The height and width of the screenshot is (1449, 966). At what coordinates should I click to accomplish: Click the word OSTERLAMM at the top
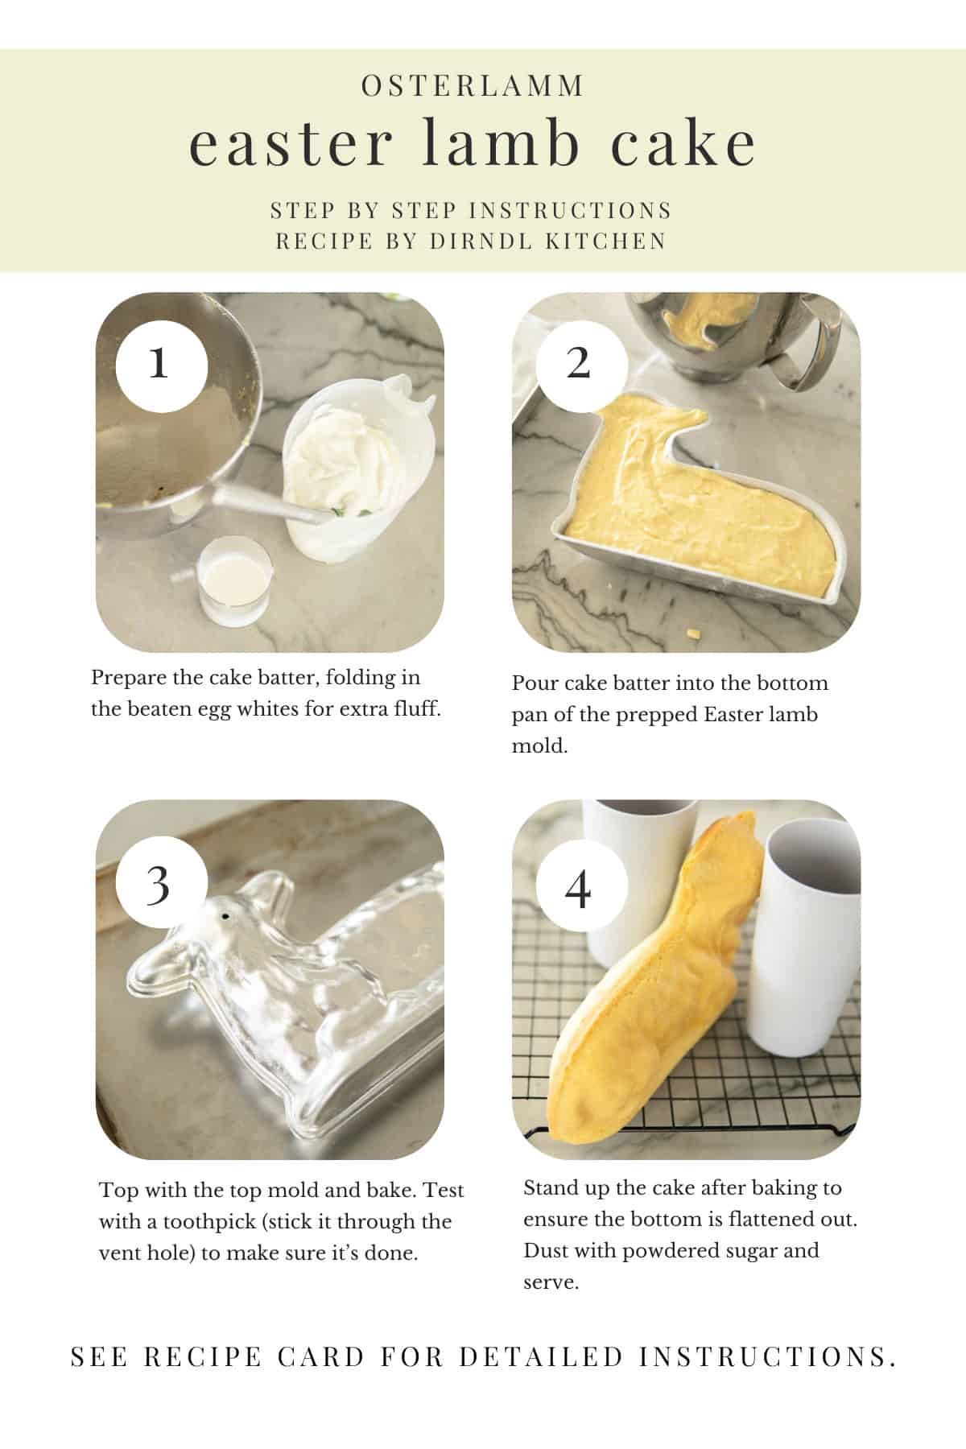(473, 86)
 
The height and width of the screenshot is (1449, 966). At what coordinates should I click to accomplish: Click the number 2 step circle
(578, 364)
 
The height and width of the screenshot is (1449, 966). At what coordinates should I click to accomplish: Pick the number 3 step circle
(161, 884)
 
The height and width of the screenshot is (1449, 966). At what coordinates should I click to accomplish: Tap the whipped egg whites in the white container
(342, 455)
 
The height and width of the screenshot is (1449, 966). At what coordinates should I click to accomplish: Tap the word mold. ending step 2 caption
(539, 746)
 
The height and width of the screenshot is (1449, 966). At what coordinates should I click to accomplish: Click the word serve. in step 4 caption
(551, 1282)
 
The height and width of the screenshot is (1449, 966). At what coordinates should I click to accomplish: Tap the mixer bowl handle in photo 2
(797, 354)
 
